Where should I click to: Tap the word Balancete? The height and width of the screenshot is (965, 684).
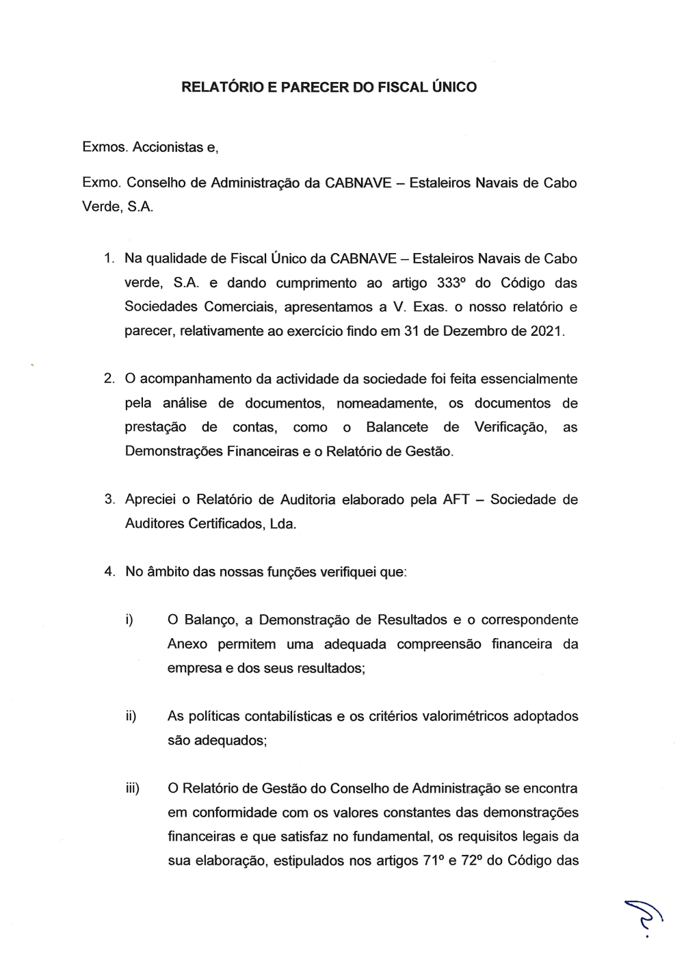397,427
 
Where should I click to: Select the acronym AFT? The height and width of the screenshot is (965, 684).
456,499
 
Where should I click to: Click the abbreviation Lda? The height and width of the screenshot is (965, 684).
283,524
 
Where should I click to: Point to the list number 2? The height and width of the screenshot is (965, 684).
109,379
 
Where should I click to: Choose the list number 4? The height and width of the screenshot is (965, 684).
109,572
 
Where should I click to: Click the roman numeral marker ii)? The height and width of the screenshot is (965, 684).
131,716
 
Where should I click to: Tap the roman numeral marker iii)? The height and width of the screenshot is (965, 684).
132,789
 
